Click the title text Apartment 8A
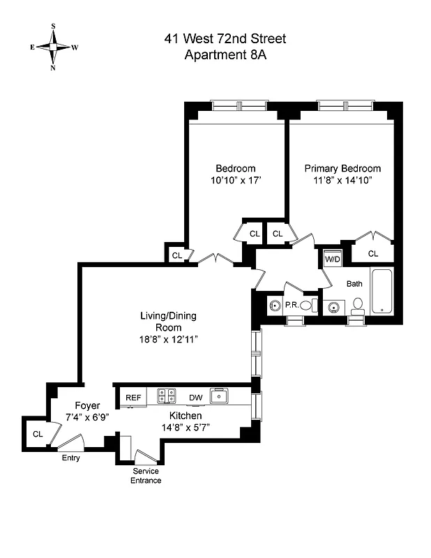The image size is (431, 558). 225,56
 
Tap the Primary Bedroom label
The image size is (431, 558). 342,168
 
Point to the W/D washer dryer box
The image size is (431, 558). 332,259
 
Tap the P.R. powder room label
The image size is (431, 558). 292,305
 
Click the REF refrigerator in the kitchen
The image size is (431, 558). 133,398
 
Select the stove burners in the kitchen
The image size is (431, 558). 166,396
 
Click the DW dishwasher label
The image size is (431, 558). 196,398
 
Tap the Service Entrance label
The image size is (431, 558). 146,476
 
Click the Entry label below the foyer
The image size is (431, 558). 70,458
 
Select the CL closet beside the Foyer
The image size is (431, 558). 37,434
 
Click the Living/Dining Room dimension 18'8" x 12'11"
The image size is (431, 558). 167,340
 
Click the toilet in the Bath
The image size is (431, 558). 358,306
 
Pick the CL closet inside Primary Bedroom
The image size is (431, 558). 372,253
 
